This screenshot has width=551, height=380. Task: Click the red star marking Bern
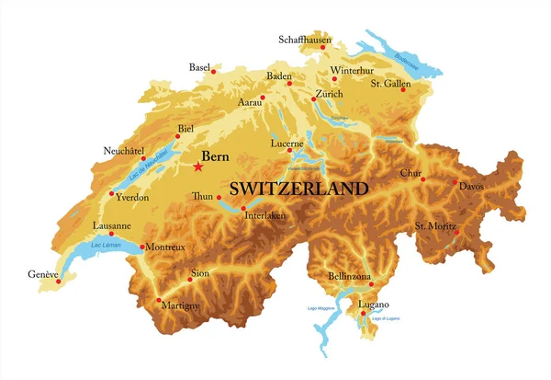[x=198, y=167]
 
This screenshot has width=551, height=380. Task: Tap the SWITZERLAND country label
[x=298, y=189]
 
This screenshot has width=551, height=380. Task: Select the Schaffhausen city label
[x=305, y=40]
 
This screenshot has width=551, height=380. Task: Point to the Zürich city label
[x=328, y=95]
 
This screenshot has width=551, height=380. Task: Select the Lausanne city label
[x=112, y=225]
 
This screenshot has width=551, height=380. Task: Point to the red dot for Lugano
[x=364, y=314]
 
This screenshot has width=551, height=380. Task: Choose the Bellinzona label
[x=349, y=276]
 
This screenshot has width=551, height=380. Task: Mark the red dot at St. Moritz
[x=455, y=233]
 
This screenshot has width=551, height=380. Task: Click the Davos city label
[x=470, y=187]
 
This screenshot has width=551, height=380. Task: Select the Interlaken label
[x=265, y=216]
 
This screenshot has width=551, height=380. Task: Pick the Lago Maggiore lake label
[x=317, y=308]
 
